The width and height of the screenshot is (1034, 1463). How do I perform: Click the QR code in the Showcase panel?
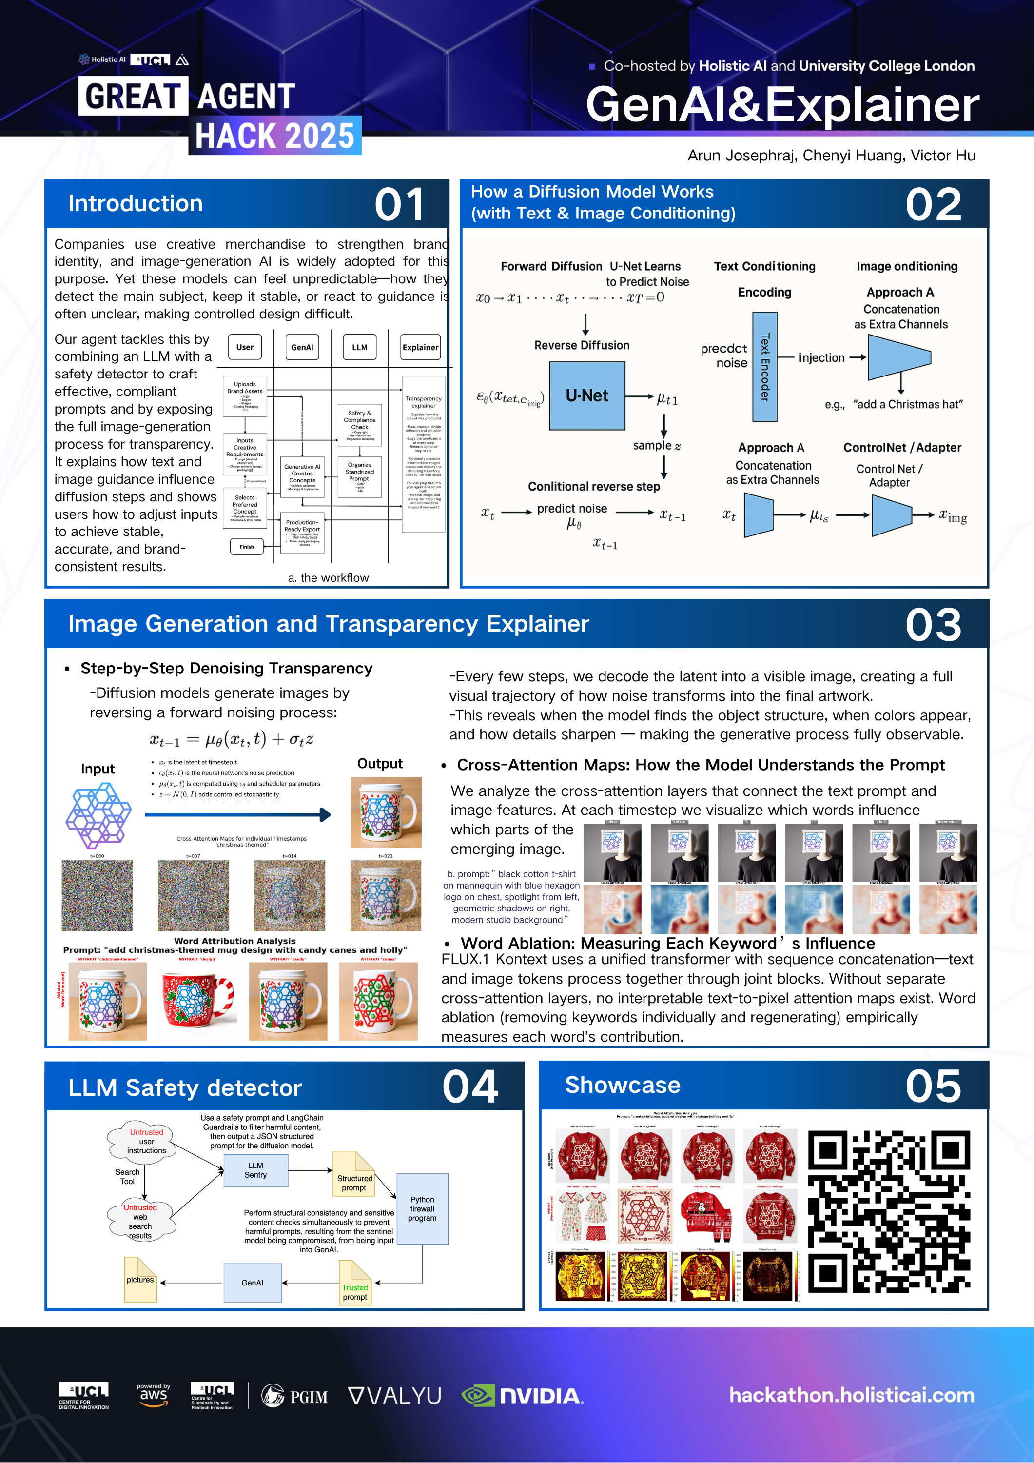[x=889, y=1212]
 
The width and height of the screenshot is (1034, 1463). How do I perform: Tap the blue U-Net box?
[x=587, y=395]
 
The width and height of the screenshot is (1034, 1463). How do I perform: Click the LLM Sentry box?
[x=255, y=1170]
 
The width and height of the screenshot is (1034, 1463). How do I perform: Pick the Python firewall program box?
[x=422, y=1209]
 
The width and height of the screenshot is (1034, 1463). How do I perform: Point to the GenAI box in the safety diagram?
[x=253, y=1283]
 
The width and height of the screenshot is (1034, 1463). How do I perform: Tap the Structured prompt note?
[x=354, y=1183]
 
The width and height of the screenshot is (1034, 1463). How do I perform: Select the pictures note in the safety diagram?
[x=140, y=1280]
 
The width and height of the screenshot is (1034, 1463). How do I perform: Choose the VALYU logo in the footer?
[x=395, y=1395]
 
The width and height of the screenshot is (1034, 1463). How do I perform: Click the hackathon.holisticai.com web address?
[x=851, y=1395]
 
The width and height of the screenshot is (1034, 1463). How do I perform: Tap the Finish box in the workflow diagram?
[x=247, y=547]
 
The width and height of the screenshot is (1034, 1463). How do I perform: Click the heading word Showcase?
[x=623, y=1085]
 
